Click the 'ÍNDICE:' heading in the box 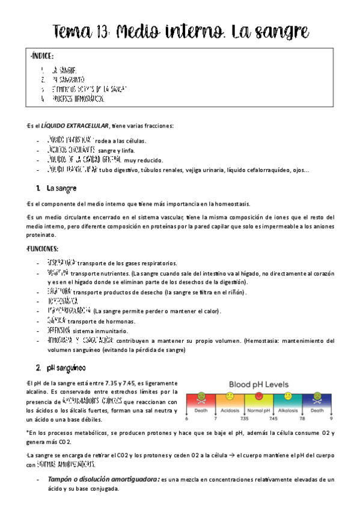(x=41, y=57)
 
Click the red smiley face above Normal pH (x=259, y=397)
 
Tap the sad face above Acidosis (x=230, y=397)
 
